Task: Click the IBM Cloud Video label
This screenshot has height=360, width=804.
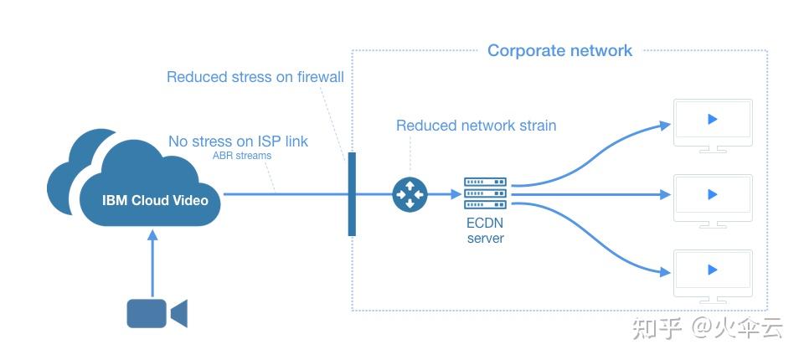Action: pyautogui.click(x=154, y=200)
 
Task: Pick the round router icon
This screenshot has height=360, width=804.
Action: pyautogui.click(x=410, y=194)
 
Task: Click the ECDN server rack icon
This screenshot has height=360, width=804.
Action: pyautogui.click(x=486, y=194)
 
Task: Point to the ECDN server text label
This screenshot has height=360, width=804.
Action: pyautogui.click(x=486, y=231)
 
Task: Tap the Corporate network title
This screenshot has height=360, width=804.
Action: pyautogui.click(x=559, y=50)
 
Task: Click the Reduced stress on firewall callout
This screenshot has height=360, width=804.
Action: pyautogui.click(x=255, y=77)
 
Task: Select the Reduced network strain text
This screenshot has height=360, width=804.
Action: pyautogui.click(x=476, y=126)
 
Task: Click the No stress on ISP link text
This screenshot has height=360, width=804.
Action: pyautogui.click(x=238, y=141)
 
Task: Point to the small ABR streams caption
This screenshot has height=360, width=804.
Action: pyautogui.click(x=242, y=156)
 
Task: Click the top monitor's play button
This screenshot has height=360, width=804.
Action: pyautogui.click(x=713, y=119)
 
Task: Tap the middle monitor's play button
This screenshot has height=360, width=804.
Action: pyautogui.click(x=713, y=194)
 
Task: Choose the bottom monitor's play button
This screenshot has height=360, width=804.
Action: pyautogui.click(x=713, y=270)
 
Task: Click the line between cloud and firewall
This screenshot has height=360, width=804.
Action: pyautogui.click(x=285, y=194)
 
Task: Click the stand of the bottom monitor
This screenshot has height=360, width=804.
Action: pyautogui.click(x=713, y=298)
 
